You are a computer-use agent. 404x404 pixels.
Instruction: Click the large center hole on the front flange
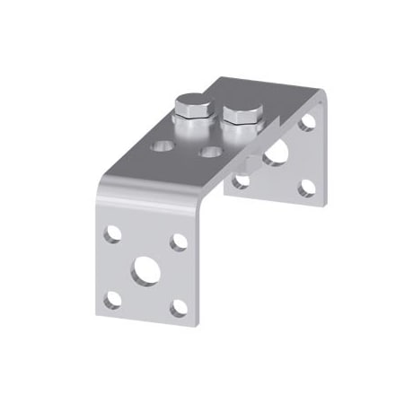point(144,270)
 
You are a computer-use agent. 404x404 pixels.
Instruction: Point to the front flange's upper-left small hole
point(112,234)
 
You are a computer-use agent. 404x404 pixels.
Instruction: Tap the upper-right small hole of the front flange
point(179,242)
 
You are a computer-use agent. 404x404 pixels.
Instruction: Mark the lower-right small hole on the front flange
point(179,308)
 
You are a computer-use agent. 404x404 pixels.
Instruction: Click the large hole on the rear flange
point(275,154)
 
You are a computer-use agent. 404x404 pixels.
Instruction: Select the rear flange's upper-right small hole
point(307,120)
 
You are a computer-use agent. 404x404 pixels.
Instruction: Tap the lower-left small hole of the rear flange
point(241,180)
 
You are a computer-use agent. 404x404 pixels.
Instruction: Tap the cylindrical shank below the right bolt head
point(240,135)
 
